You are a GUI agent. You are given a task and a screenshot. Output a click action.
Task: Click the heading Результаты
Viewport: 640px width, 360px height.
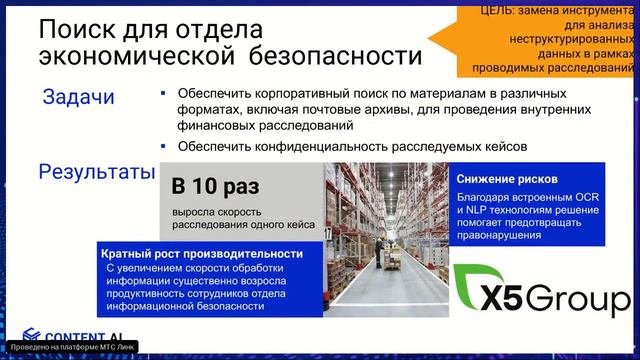[96, 171]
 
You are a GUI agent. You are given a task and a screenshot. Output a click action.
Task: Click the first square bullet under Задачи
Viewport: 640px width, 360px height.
[163, 91]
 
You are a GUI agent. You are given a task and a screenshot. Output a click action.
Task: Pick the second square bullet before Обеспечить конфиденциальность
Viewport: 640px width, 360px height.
[163, 145]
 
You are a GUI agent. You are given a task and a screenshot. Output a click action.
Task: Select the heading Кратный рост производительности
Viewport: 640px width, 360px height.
[202, 254]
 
